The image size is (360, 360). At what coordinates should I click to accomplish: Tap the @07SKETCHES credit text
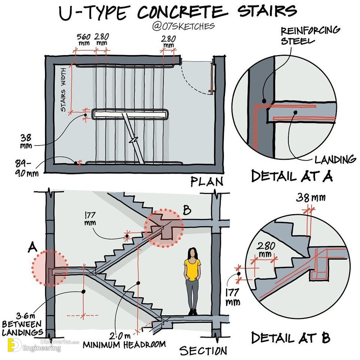(x=183, y=26)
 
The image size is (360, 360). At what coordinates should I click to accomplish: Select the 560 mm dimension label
(x=83, y=39)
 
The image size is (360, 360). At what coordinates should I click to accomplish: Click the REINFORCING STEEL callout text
(x=310, y=36)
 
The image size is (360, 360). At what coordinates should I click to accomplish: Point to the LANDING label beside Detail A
(x=335, y=159)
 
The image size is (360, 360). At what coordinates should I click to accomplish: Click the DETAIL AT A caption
(x=292, y=176)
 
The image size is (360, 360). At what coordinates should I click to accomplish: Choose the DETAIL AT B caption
(x=291, y=337)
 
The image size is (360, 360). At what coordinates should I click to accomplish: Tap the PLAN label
(x=207, y=181)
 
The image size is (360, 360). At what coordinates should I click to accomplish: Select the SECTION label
(x=203, y=351)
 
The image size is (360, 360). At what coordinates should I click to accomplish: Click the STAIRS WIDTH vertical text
(x=63, y=90)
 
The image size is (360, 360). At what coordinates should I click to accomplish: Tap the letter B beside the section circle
(x=187, y=210)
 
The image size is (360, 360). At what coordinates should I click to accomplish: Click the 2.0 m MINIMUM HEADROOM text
(x=124, y=340)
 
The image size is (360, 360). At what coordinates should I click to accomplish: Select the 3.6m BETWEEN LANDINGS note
(x=22, y=324)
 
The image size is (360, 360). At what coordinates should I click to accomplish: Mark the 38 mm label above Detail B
(x=310, y=198)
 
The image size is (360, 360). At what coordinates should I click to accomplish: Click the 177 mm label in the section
(x=90, y=219)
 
